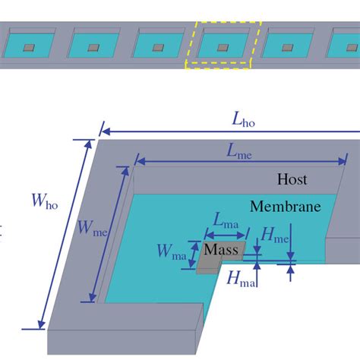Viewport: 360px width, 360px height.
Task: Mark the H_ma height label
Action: pos(242,279)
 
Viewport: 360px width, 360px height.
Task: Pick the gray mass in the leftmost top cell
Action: pos(28,48)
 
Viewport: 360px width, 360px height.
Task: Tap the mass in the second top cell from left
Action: pos(93,48)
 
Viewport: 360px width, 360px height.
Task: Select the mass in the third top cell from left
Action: pos(158,48)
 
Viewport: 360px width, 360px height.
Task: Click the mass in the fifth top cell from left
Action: pos(289,48)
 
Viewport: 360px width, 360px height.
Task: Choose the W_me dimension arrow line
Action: pos(107,235)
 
